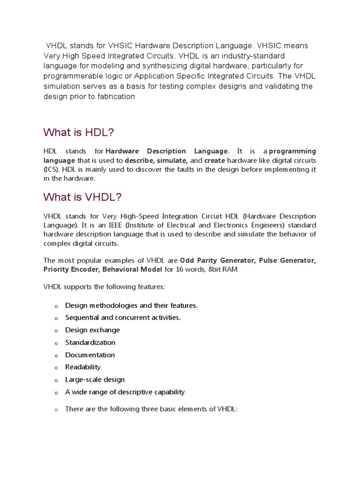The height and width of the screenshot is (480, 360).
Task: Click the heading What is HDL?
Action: tap(78, 133)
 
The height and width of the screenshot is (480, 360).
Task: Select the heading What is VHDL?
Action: tap(82, 197)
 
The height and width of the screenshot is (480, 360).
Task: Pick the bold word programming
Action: tap(292, 151)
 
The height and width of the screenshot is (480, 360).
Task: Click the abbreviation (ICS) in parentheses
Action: tap(51, 169)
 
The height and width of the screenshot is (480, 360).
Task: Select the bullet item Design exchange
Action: tap(92, 330)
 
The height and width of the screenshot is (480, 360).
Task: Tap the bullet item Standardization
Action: tap(90, 343)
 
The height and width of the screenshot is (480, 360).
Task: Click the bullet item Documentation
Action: tap(90, 355)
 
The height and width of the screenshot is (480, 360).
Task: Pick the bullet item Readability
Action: tap(83, 367)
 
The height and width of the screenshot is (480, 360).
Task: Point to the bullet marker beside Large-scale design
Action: tap(55, 380)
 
